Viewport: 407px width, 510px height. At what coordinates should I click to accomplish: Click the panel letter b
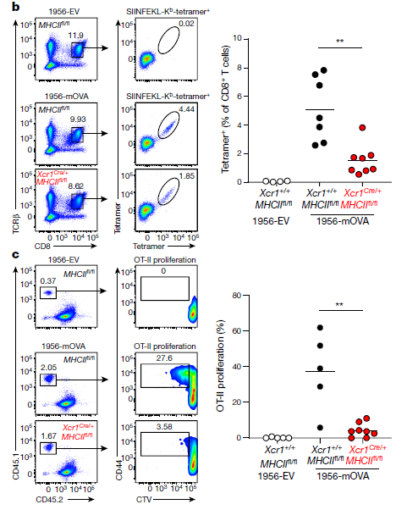point(15,7)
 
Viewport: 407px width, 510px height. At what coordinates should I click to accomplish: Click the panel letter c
point(15,254)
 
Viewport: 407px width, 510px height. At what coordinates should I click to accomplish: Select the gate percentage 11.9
point(75,35)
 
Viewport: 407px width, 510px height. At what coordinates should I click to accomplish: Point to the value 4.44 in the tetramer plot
point(186,109)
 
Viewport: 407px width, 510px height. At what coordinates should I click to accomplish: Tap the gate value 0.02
point(186,24)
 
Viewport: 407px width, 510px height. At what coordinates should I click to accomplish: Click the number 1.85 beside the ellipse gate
point(187,176)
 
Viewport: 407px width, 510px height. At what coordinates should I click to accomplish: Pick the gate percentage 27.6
point(164,358)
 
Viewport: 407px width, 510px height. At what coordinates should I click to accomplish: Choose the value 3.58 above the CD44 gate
point(164,427)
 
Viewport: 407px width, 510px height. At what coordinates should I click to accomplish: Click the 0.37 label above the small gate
point(48,280)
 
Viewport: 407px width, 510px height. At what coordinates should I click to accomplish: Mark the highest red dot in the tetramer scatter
point(362,128)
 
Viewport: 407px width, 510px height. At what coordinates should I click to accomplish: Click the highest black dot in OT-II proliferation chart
point(320,328)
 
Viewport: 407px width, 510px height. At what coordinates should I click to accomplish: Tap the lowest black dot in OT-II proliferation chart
point(320,428)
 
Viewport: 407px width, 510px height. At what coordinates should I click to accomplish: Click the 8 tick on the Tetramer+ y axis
point(239,68)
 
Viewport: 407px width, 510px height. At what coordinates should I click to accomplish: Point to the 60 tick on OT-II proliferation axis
point(237,330)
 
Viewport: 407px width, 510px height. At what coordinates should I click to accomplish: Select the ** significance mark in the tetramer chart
point(340,42)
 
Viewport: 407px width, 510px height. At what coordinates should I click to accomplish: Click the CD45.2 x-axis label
point(49,499)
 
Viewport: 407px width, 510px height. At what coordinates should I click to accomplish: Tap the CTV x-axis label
point(144,499)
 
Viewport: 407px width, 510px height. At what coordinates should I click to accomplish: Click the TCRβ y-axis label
point(16,224)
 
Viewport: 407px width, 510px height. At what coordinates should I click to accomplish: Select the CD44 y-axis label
point(118,470)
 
